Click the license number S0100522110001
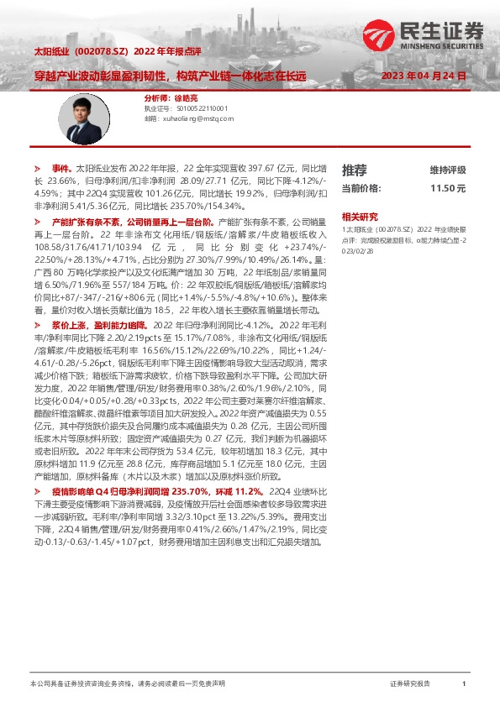click(x=201, y=108)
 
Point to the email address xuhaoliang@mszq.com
click(x=197, y=119)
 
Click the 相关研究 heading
click(x=360, y=216)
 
